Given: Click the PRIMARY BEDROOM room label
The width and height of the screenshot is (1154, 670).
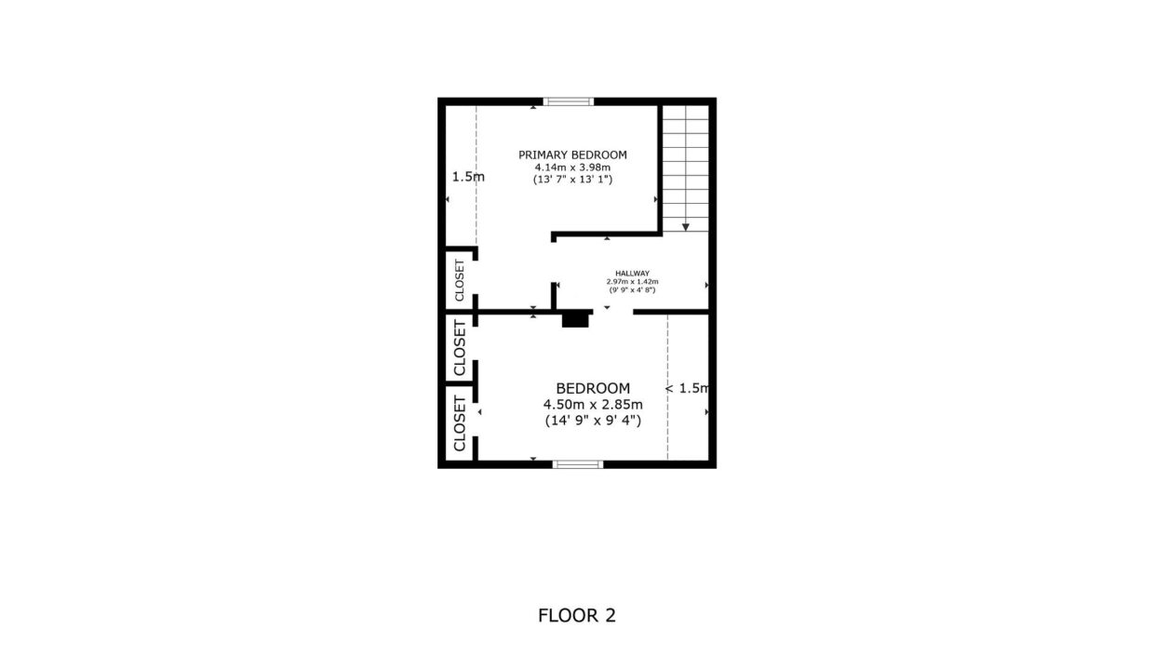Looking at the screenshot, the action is coord(572,155).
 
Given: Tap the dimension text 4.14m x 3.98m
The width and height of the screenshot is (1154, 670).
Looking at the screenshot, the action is coord(572,167).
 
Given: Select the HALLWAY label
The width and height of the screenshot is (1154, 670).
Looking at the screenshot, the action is coord(632,274).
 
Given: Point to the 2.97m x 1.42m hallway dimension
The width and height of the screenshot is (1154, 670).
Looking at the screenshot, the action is coord(632,282).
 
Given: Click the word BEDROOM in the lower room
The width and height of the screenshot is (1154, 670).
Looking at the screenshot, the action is coord(593,388).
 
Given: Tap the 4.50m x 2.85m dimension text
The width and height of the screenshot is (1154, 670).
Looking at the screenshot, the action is coord(593,404).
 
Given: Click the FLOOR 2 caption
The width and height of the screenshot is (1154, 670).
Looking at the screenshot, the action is coord(577,615).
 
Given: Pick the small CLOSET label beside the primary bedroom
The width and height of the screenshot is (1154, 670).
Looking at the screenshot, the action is coord(460,281).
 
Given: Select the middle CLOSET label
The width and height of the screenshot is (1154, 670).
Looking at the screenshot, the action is coord(460,348).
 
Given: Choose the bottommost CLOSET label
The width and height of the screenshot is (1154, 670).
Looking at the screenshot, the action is coord(460,423).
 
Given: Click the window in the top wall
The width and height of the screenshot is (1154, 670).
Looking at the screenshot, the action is coord(569,101).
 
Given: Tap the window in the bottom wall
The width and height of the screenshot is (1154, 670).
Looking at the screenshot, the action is coord(578,464).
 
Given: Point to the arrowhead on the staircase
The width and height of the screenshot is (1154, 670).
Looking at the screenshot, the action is coord(686,228).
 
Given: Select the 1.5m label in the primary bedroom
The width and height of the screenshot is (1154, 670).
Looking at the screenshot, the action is coord(468,177).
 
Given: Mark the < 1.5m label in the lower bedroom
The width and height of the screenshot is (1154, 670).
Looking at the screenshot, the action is coord(687,388).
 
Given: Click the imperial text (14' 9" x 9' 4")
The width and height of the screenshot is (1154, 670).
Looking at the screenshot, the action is coord(593,421).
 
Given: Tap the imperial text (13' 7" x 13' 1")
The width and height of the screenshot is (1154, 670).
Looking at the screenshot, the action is coord(572,180).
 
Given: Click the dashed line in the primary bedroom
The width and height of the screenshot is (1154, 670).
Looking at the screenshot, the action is coord(476,175).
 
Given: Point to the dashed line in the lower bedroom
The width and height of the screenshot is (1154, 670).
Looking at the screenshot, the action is coord(667,387).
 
